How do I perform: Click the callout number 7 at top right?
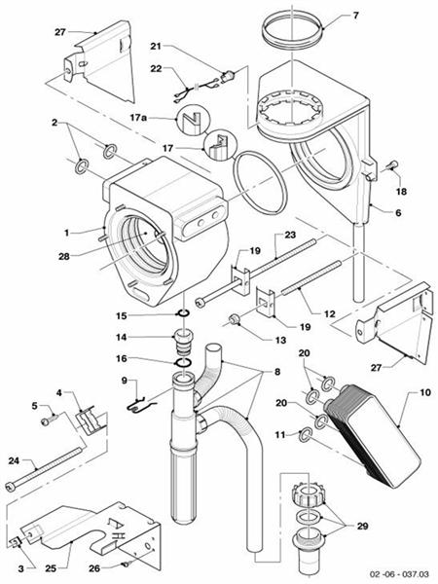click(x=354, y=17)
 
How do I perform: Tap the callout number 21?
click(x=156, y=47)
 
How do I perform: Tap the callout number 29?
click(x=364, y=525)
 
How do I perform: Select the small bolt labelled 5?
click(x=48, y=421)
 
